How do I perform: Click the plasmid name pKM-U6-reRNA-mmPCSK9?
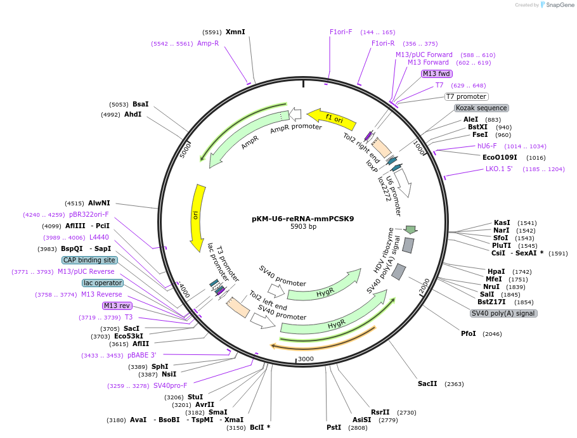(x=303, y=219)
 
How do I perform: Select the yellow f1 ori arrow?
(x=331, y=118)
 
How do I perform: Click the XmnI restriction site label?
(x=235, y=32)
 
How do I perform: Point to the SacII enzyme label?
(x=427, y=383)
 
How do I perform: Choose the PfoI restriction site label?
(x=469, y=333)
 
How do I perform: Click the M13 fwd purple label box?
(x=437, y=74)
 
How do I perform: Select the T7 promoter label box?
(x=467, y=96)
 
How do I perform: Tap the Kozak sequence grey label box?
(x=482, y=108)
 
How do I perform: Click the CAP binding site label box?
(x=89, y=260)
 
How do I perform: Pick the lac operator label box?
(x=103, y=283)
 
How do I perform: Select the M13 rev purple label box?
(x=117, y=306)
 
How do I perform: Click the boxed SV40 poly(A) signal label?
(x=503, y=313)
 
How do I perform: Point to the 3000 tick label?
(x=306, y=359)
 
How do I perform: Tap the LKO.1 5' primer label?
(x=499, y=169)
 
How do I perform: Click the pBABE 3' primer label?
(x=141, y=355)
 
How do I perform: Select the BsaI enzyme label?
(x=141, y=104)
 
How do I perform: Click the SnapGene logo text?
(x=560, y=5)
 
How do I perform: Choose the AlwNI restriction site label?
(x=99, y=203)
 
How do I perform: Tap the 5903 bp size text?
(x=303, y=226)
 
